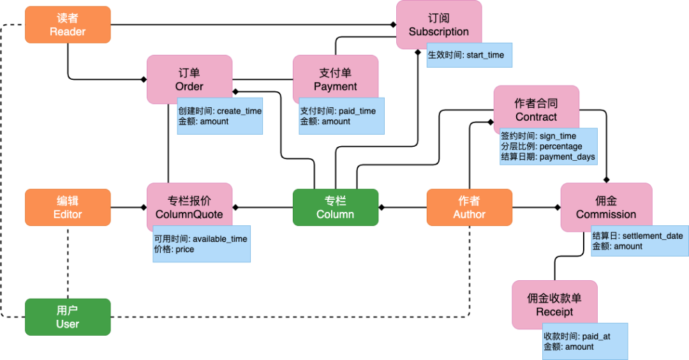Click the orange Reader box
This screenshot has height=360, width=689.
[x=68, y=25]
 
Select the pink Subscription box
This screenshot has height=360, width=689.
[x=439, y=24]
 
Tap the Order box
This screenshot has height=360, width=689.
[x=189, y=79]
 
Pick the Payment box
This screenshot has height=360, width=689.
[x=336, y=79]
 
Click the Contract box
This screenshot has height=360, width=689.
[x=537, y=110]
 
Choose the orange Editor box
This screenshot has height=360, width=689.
[x=68, y=207]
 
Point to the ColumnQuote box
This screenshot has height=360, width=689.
[x=189, y=207]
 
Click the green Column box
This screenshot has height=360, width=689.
[x=336, y=207]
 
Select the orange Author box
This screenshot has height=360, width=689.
[x=470, y=207]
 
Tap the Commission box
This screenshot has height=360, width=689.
[x=606, y=207]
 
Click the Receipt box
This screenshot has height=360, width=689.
[x=554, y=305]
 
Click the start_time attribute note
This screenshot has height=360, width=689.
[x=470, y=55]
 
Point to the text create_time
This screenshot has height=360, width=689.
[x=239, y=111]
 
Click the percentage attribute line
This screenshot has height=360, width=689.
[x=561, y=146]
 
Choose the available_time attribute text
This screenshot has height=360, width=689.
[x=219, y=239]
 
